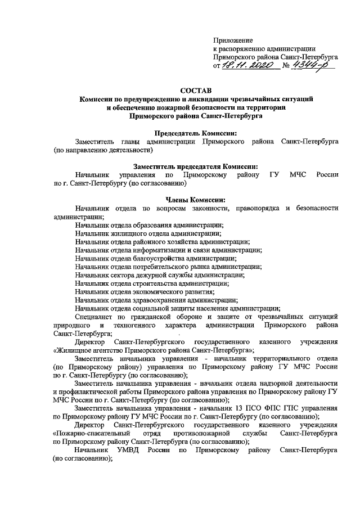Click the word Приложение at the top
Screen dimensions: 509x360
pyautogui.click(x=233, y=40)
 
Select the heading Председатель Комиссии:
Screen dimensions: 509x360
pyautogui.click(x=195, y=133)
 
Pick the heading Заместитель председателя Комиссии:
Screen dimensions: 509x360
pyautogui.click(x=195, y=166)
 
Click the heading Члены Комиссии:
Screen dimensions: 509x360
pyautogui.click(x=195, y=200)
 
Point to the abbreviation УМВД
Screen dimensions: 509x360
pyautogui.click(x=126, y=451)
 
